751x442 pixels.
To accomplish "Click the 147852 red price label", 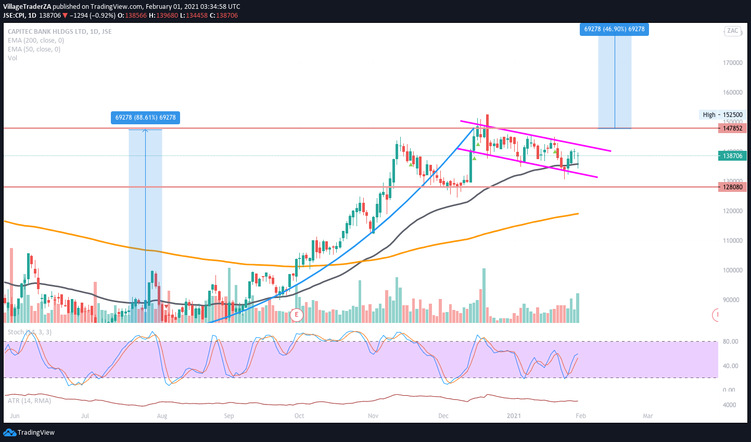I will tap(732, 128).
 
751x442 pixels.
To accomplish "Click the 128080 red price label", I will tap(732, 187).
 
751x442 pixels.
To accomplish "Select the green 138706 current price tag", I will tap(732, 155).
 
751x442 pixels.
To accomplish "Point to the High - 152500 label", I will tap(722, 115).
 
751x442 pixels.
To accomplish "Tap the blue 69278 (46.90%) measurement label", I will tap(614, 29).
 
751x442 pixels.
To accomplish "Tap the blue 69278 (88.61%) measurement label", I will tap(145, 118).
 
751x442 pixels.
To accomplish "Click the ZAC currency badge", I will tap(732, 31).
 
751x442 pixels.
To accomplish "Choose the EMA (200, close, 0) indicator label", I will tap(36, 41).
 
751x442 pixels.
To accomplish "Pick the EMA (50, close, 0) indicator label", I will tap(34, 49).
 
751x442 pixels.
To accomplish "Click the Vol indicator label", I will tap(12, 58).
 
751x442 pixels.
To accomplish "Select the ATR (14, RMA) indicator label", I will tap(29, 401).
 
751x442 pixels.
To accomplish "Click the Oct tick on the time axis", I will tap(299, 416).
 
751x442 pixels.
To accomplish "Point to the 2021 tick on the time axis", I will tap(514, 416).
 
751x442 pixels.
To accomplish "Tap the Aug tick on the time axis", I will tap(162, 416).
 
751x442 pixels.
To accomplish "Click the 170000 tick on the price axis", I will tap(732, 63).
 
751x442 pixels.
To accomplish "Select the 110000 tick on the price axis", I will tap(732, 241).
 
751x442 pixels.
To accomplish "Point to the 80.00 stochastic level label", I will tap(731, 342).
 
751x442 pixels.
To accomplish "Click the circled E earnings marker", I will tap(297, 315).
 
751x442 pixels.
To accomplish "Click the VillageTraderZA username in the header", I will tap(27, 6).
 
